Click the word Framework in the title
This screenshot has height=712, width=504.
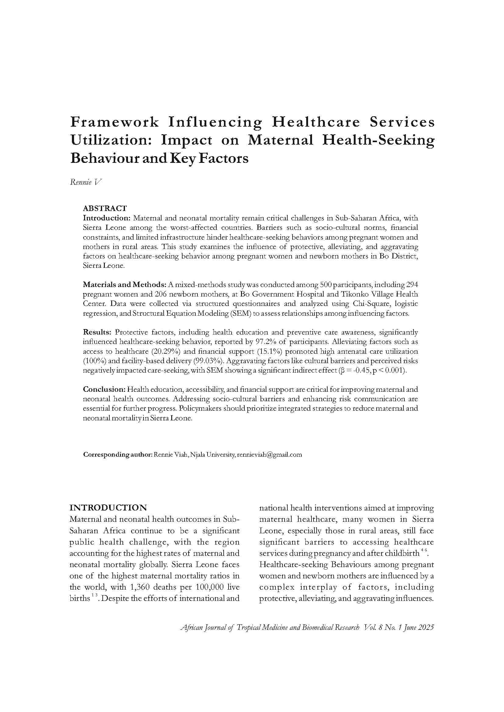pyautogui.click(x=115, y=122)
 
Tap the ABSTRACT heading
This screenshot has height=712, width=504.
pyautogui.click(x=105, y=208)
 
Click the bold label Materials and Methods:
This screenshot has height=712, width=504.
pyautogui.click(x=125, y=285)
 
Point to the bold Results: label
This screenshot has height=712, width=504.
pyautogui.click(x=97, y=332)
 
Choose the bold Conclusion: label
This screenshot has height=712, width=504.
pyautogui.click(x=104, y=389)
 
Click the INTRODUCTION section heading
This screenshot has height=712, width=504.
pyautogui.click(x=108, y=508)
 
